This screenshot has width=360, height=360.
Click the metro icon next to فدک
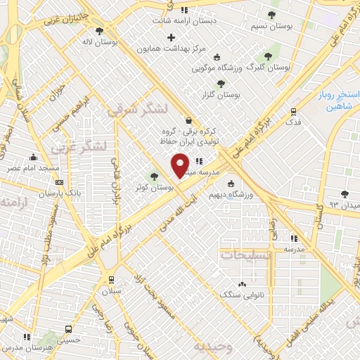[x=293, y=111]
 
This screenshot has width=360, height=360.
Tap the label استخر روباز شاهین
[x=330, y=98]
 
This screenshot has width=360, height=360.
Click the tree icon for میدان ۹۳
[x=344, y=193]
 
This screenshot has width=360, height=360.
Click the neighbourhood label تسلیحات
[x=245, y=255]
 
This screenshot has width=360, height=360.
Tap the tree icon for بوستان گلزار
[x=221, y=83]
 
